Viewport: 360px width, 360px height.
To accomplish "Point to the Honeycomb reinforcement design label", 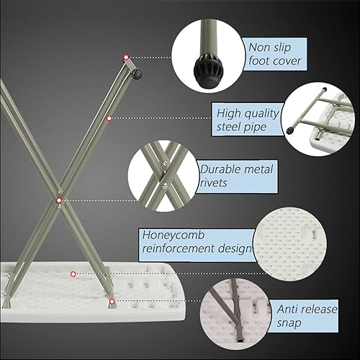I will click(195, 241).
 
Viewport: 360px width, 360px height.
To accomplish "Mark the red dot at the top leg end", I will click(127, 57).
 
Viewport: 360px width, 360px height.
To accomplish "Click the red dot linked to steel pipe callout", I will click(109, 118).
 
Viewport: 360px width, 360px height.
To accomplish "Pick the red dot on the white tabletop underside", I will click(73, 274).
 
